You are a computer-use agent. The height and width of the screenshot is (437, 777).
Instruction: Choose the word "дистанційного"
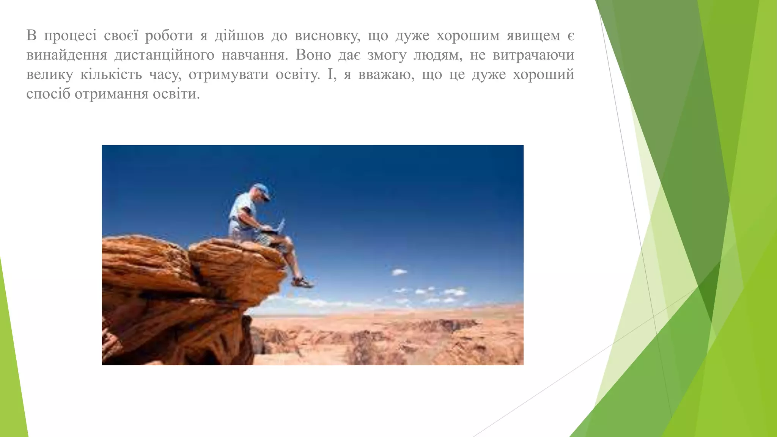(164, 55)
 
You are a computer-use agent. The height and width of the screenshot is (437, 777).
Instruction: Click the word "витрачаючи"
(533, 55)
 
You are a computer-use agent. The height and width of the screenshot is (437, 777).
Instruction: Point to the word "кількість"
(111, 75)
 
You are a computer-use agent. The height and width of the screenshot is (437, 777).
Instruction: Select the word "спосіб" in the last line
(48, 94)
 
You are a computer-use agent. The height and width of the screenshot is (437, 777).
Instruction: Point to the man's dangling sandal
(302, 282)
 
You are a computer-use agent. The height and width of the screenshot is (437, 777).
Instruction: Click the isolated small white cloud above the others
(399, 272)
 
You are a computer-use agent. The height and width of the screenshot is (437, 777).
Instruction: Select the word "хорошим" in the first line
(468, 36)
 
